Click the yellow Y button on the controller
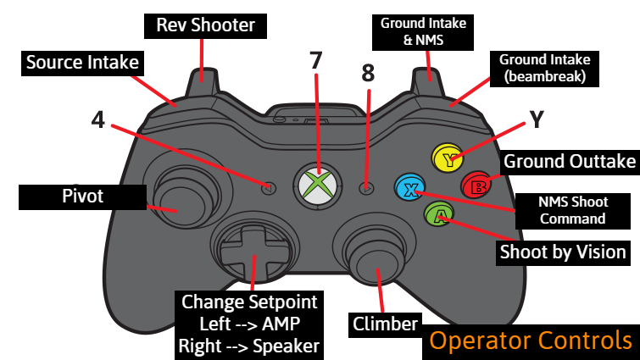pos(446,157)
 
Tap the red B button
pos(475,184)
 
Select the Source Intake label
pos(81,62)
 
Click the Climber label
pos(385,324)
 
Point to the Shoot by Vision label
pos(563,252)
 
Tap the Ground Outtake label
pos(569,161)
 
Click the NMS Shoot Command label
pos(573,210)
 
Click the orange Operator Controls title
pos(530,341)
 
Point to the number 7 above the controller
pos(316,61)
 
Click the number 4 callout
pos(98,119)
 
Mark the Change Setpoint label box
pos(249,323)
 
